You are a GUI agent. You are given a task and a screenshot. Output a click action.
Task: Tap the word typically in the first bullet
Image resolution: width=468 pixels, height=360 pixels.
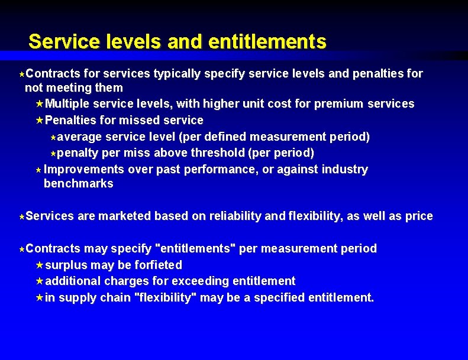tap(177, 74)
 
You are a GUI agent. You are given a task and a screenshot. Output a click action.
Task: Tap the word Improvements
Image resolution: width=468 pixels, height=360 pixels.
tap(84, 170)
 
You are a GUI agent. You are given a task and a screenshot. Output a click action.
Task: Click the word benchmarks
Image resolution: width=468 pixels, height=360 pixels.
tap(79, 184)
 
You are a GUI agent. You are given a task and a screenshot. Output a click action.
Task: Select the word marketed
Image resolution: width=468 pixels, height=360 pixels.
tap(124, 216)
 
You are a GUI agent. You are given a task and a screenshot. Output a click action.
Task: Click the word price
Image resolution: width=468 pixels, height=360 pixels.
tap(419, 216)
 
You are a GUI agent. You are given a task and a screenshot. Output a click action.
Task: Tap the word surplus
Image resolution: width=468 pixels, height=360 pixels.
tap(66, 265)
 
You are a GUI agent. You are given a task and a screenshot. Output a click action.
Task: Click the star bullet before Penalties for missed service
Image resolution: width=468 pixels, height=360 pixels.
tap(40, 121)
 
